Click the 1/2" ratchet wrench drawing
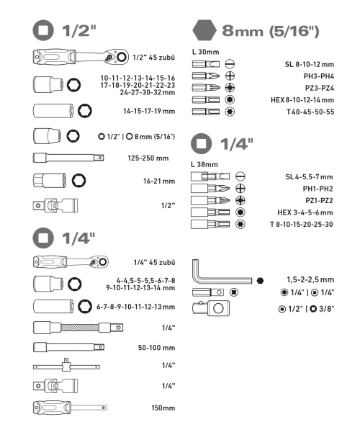(x=81, y=57)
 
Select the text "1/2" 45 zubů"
(x=154, y=58)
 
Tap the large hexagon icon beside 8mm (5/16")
(x=204, y=30)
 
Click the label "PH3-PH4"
(x=318, y=76)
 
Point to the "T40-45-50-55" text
(x=310, y=112)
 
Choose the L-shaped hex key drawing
(x=221, y=272)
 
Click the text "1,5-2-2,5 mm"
(x=310, y=280)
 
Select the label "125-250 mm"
(x=148, y=158)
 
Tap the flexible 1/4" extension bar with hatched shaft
(x=78, y=328)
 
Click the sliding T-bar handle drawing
(x=66, y=366)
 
